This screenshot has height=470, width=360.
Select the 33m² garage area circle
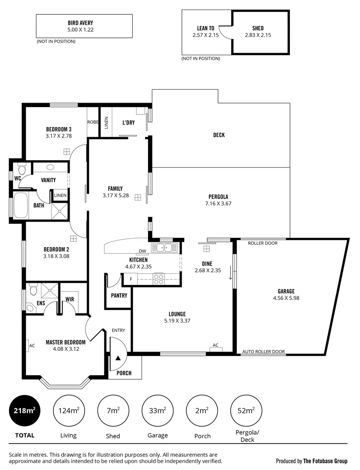click(157, 410)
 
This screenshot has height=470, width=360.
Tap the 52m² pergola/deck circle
click(246, 410)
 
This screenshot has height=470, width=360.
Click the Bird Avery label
click(80, 23)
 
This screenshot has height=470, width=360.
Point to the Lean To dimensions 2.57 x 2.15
click(205, 35)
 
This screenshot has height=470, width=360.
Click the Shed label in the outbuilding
click(258, 28)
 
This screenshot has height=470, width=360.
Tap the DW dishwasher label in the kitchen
click(142, 251)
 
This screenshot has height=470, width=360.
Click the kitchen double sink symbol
click(164, 248)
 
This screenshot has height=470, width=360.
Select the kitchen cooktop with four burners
click(158, 279)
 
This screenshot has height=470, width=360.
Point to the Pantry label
click(119, 295)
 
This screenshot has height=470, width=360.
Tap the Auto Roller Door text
click(263, 352)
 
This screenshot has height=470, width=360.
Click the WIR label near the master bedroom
click(70, 299)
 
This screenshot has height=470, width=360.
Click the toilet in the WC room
click(22, 168)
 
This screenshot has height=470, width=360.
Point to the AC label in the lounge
click(215, 345)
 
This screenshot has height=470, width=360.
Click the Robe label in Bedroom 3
click(93, 122)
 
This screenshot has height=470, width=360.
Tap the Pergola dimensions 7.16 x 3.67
click(218, 204)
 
